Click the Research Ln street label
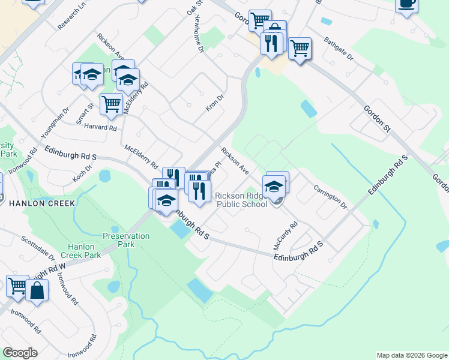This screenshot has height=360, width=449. click(x=72, y=18)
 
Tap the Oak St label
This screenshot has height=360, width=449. click(x=193, y=7)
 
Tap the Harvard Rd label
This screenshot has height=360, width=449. click(x=100, y=127)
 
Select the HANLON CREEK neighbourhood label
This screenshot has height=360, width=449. click(x=41, y=203)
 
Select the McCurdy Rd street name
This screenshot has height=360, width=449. click(x=285, y=236)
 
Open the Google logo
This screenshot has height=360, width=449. click(x=20, y=353)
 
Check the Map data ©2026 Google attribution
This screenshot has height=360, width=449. click(x=411, y=355)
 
